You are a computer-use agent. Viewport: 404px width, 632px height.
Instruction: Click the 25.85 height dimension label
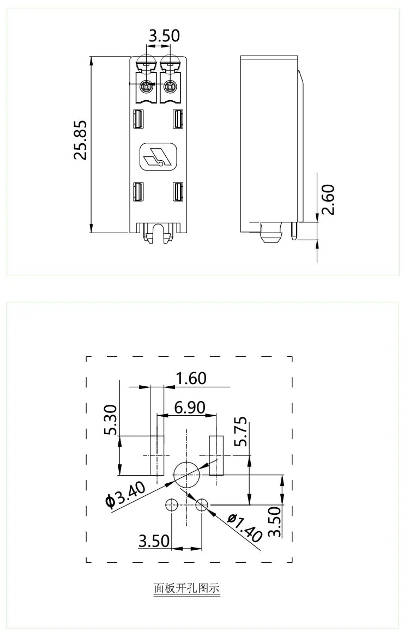click(x=80, y=140)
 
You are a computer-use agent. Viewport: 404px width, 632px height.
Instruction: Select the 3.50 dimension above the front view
click(x=164, y=36)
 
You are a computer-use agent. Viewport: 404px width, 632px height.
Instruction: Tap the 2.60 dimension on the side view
click(x=328, y=200)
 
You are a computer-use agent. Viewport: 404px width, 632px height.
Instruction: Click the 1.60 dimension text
click(x=191, y=378)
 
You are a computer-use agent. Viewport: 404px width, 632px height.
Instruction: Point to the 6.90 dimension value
click(x=190, y=407)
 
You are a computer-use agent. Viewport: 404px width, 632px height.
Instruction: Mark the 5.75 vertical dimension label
click(x=240, y=431)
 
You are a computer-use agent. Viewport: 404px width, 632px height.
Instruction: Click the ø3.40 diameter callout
click(x=126, y=495)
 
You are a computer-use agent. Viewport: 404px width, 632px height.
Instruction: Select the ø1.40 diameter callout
click(x=244, y=527)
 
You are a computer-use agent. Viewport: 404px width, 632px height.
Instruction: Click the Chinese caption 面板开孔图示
click(x=186, y=588)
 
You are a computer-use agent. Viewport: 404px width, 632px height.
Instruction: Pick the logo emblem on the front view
click(x=159, y=157)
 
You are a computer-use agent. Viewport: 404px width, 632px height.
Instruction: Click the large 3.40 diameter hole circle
click(x=186, y=473)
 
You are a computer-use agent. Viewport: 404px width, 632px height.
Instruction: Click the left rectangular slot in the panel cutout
click(x=157, y=455)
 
